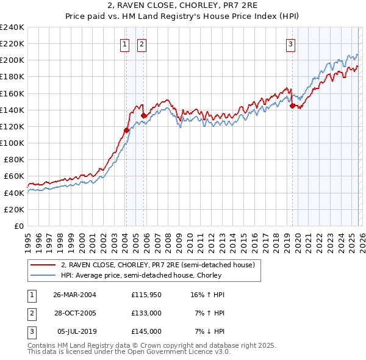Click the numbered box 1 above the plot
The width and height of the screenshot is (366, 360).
pyautogui.click(x=124, y=43)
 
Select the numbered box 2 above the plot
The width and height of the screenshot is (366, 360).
pyautogui.click(x=142, y=43)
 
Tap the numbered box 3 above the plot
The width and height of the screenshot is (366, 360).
pyautogui.click(x=291, y=43)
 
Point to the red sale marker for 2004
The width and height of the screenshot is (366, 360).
pyautogui.click(x=126, y=130)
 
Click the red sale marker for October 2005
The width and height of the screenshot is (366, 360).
pyautogui.click(x=143, y=115)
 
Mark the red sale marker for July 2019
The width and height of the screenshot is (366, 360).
pyautogui.click(x=292, y=106)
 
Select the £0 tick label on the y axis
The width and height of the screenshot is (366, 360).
pyautogui.click(x=19, y=226)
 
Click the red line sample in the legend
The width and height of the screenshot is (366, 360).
pyautogui.click(x=43, y=265)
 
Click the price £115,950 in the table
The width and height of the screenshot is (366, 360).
pyautogui.click(x=146, y=295)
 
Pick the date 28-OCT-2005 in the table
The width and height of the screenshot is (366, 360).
pyautogui.click(x=75, y=313)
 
